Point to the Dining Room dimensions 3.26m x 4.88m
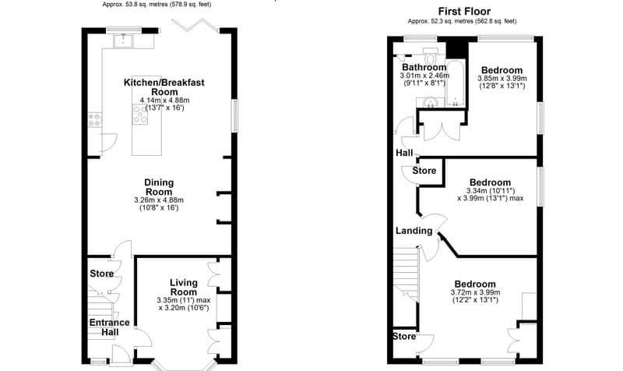159,200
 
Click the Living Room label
184,288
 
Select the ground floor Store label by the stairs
101,274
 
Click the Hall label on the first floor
404,153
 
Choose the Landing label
414,231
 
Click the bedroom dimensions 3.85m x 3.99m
502,78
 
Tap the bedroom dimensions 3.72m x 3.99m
474,293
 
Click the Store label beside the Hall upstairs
424,170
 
